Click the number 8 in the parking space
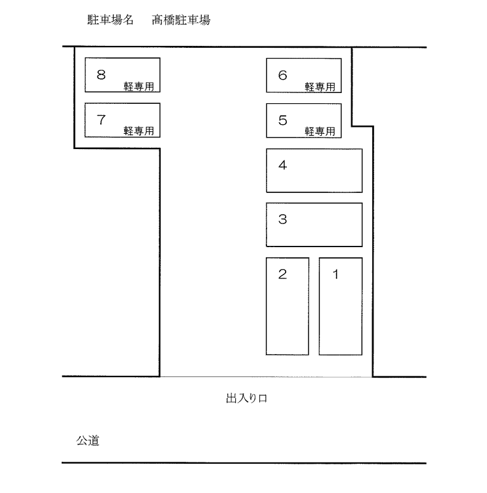[101, 75]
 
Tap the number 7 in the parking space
[101, 119]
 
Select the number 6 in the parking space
[282, 75]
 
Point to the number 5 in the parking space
[282, 120]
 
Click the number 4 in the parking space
[282, 165]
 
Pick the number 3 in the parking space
[282, 220]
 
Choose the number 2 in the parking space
[282, 275]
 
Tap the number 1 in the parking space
[336, 275]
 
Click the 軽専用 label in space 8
[139, 87]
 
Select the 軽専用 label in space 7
[139, 131]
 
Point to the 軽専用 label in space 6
[320, 87]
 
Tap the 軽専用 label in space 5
[320, 131]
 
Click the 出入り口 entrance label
[245, 399]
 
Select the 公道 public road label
[88, 440]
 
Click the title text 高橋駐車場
[181, 20]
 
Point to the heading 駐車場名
[110, 20]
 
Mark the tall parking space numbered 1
[340, 312]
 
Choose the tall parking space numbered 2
[287, 312]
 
